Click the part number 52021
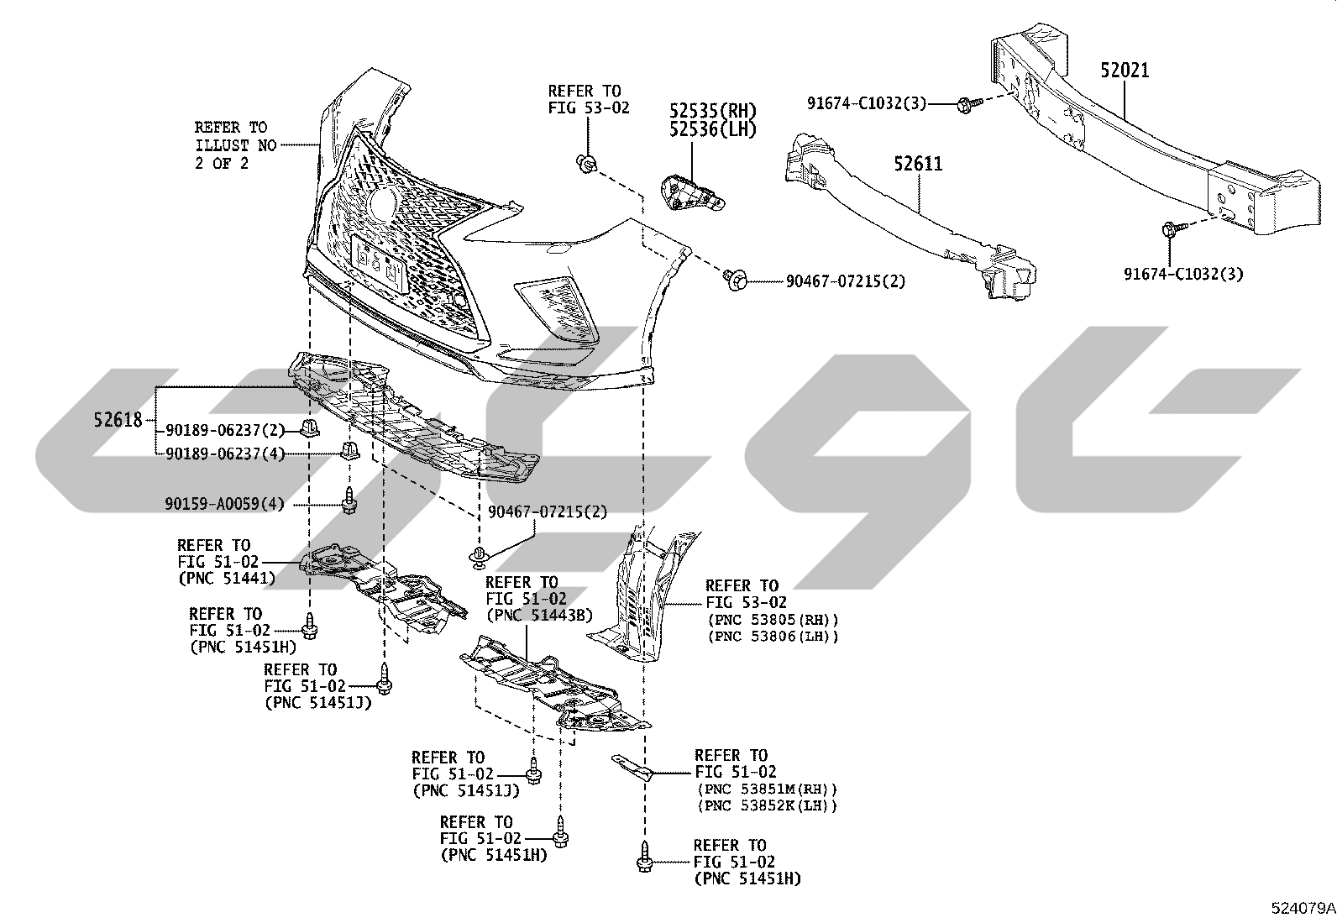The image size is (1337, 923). tap(1125, 71)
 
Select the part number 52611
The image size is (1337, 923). tap(918, 164)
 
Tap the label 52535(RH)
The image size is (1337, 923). tap(713, 111)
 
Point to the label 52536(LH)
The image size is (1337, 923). tap(713, 129)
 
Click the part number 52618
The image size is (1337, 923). tap(118, 420)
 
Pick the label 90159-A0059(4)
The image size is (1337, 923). tap(225, 505)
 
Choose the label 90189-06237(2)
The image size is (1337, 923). tap(225, 430)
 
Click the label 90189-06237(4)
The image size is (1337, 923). tap(225, 454)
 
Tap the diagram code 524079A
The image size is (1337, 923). tap(1303, 908)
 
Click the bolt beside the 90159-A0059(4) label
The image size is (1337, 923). tap(349, 501)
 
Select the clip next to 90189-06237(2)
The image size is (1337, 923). tap(308, 428)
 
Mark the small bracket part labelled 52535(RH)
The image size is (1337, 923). tap(692, 193)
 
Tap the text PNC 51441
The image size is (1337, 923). tap(228, 579)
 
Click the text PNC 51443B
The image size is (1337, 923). tap(539, 614)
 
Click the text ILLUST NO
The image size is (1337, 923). tap(236, 145)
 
